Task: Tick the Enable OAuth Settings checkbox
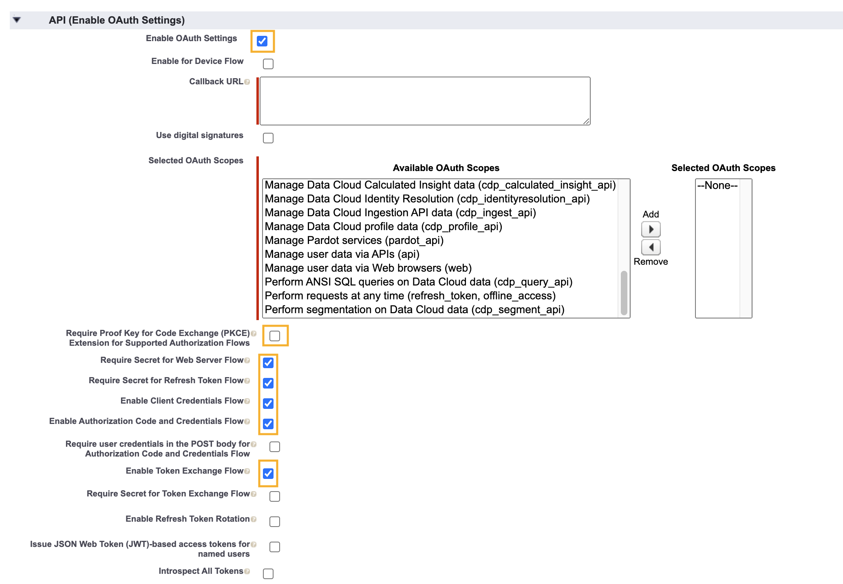coord(262,41)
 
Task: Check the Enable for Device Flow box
coord(268,64)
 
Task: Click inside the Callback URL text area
coord(425,101)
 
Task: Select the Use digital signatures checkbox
coord(268,138)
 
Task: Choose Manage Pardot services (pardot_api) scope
coord(354,240)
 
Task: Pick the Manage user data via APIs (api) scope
coord(342,254)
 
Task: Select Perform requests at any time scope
coord(410,296)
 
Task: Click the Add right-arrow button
coord(651,229)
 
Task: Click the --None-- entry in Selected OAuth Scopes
coord(717,186)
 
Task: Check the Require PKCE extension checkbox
coord(275,336)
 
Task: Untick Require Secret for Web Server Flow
coord(268,363)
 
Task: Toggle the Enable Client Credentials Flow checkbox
coord(268,404)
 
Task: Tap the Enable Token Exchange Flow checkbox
coord(268,474)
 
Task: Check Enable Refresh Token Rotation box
coord(275,522)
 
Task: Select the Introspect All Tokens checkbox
coord(268,574)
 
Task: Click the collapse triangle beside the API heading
coord(17,20)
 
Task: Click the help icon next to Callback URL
coord(247,82)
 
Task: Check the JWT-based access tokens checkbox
coord(275,547)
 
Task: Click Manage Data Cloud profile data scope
coord(383,226)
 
